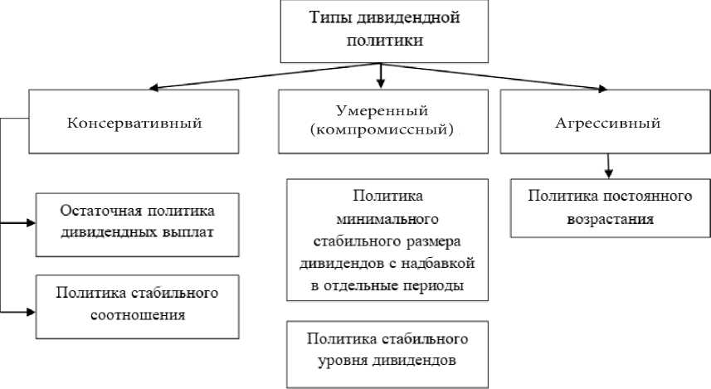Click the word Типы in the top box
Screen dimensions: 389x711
pyautogui.click(x=328, y=17)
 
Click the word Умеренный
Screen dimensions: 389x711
pyautogui.click(x=382, y=111)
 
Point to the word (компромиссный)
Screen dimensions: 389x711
pyautogui.click(x=382, y=131)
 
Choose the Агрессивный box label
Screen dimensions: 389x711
pyautogui.click(x=607, y=124)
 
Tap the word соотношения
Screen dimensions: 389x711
pyautogui.click(x=138, y=314)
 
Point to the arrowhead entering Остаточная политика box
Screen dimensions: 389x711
pyautogui.click(x=31, y=223)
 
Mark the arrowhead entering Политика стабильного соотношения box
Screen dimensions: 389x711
pyautogui.click(x=31, y=311)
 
